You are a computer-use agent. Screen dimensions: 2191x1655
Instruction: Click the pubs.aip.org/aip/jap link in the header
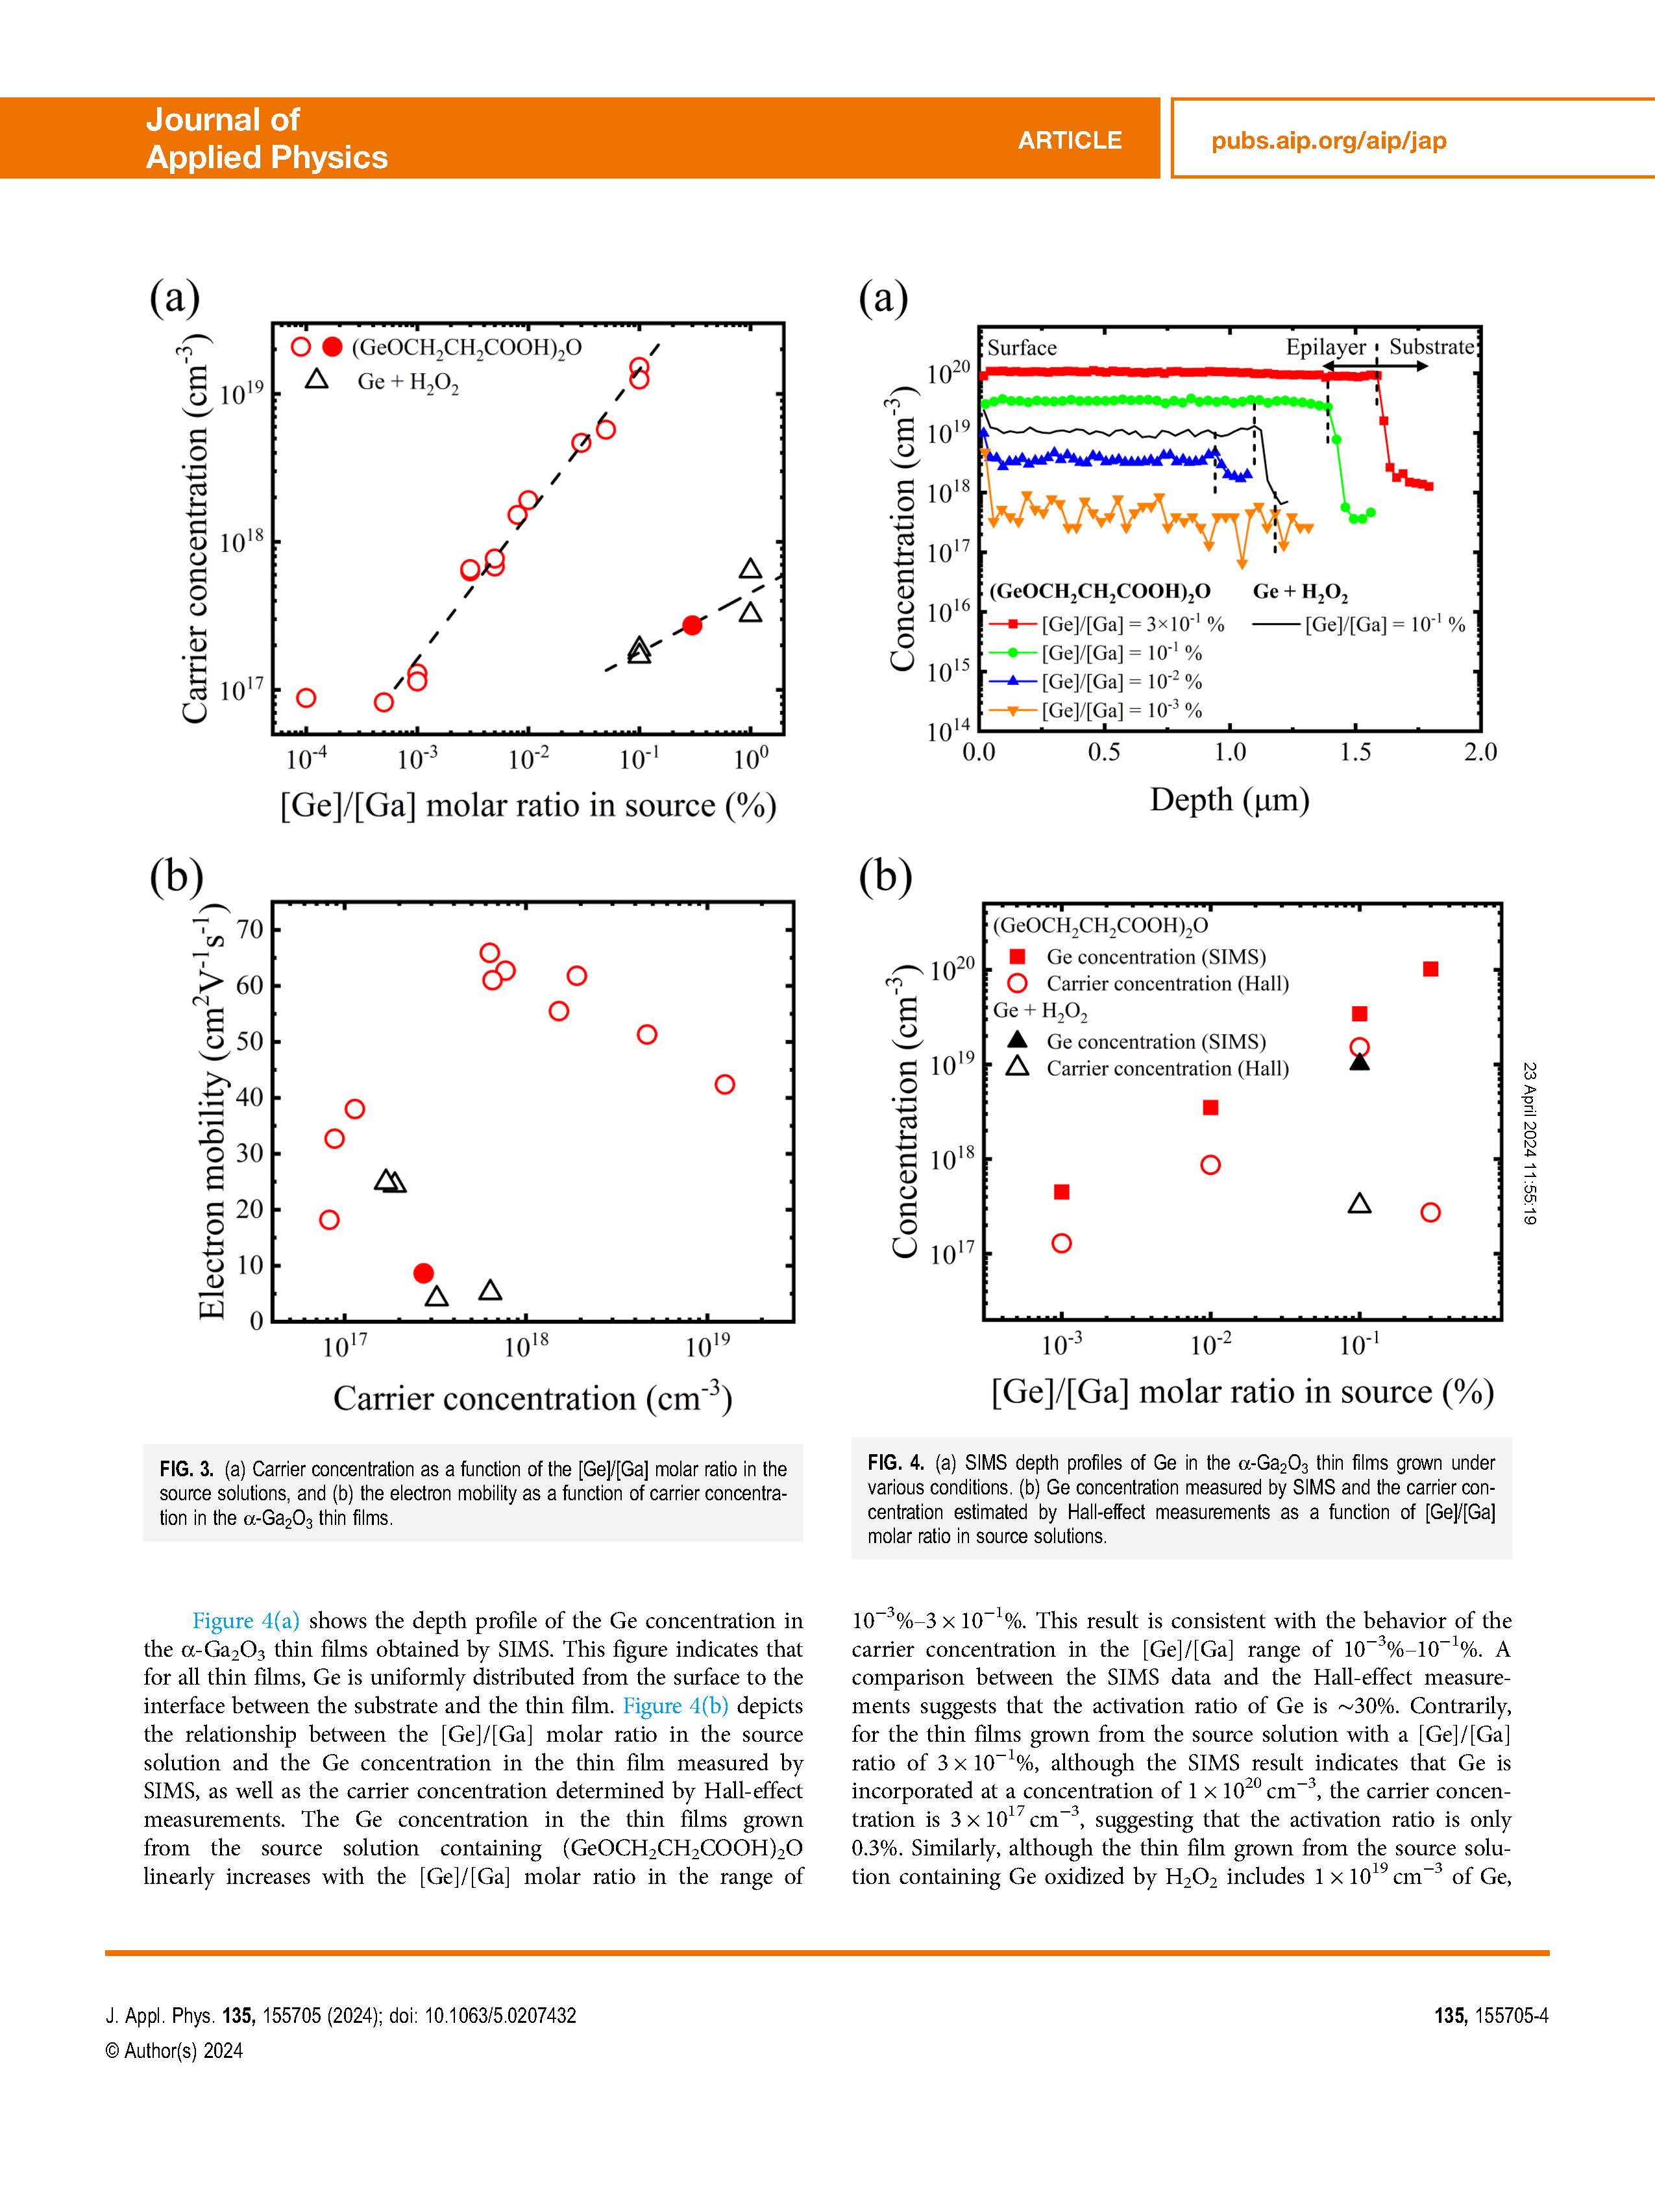point(1328,141)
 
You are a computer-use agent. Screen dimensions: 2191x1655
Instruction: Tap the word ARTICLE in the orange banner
point(1070,141)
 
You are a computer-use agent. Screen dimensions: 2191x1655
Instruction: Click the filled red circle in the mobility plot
point(423,1273)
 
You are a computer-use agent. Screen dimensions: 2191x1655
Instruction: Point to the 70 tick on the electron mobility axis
point(251,929)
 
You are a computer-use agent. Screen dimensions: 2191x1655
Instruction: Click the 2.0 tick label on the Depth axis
point(1480,752)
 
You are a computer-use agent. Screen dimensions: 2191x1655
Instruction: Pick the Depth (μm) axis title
point(1229,799)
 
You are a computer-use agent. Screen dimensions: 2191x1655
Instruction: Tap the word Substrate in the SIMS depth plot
point(1431,347)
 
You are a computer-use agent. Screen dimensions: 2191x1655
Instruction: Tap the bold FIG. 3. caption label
point(186,1469)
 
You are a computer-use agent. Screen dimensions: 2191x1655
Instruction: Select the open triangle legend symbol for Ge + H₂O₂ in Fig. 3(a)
point(316,379)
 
